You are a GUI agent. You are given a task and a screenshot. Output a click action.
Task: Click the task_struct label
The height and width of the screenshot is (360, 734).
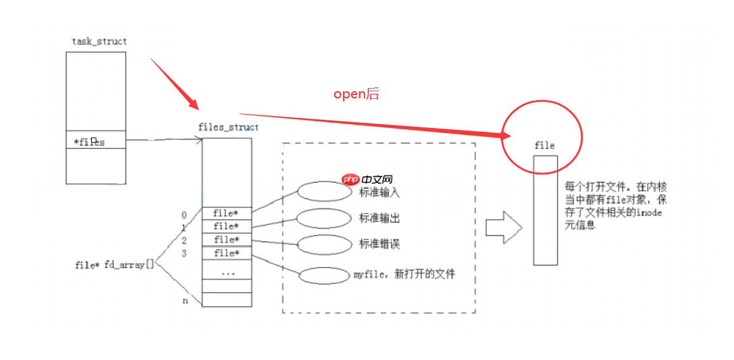(99, 41)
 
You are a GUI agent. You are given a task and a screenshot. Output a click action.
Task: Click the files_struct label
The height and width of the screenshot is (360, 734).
(228, 127)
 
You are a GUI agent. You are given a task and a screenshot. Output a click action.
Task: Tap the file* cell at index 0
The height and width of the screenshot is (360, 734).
(226, 213)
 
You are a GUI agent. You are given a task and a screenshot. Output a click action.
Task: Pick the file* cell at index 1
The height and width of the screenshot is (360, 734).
(226, 226)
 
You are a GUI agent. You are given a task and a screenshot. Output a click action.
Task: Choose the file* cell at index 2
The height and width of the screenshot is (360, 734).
(226, 240)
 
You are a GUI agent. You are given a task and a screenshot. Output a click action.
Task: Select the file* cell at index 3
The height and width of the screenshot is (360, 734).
(226, 254)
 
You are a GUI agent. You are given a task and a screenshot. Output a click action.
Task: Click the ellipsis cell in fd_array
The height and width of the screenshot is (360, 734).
(226, 271)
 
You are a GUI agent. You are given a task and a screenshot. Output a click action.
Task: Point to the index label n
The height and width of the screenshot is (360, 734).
(185, 300)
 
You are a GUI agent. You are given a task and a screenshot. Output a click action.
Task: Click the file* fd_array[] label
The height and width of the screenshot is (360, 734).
(114, 265)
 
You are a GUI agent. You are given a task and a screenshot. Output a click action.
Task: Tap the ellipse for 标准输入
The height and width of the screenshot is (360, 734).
(323, 191)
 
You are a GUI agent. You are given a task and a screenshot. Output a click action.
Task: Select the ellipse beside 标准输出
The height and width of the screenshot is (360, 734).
(323, 218)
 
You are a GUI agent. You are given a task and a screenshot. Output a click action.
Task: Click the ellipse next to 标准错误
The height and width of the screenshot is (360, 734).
(323, 244)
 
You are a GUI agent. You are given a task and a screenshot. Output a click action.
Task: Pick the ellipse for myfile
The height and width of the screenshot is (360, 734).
(324, 276)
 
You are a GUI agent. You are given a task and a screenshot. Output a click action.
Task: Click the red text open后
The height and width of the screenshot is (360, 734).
(356, 94)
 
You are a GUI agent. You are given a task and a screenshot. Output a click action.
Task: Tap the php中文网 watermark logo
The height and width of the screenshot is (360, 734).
(368, 180)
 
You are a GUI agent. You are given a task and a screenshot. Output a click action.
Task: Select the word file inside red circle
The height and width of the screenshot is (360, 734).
(544, 145)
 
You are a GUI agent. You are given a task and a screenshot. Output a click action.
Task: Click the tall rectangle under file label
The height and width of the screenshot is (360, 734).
(545, 210)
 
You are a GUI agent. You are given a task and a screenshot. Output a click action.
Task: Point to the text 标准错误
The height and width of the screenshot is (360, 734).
(380, 244)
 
